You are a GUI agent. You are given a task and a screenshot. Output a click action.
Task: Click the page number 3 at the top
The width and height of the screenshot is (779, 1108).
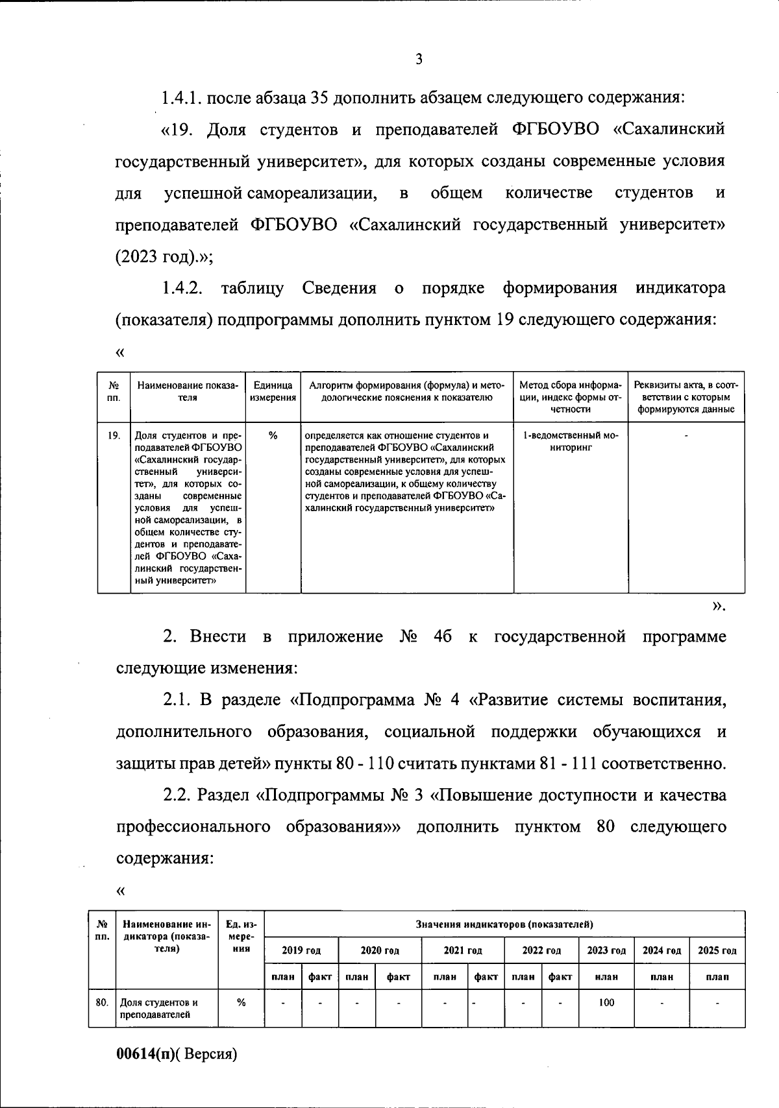tap(419, 60)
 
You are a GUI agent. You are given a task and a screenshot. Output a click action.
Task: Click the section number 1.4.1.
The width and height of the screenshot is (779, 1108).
tap(184, 99)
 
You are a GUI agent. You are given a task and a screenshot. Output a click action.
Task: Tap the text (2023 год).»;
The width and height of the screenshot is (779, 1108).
tap(164, 257)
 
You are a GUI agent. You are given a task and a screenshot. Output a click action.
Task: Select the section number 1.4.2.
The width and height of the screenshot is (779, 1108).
tap(184, 288)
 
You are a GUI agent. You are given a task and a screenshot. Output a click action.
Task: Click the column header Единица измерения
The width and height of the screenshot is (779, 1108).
tap(273, 392)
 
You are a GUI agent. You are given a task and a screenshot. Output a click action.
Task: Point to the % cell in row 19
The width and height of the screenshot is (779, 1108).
tap(273, 436)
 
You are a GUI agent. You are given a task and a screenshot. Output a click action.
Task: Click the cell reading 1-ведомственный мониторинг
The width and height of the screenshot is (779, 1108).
tap(571, 441)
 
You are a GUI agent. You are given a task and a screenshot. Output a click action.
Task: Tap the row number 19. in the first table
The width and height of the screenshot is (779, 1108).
tap(114, 436)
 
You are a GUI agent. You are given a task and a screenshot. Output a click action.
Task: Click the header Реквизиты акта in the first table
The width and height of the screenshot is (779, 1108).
tap(686, 397)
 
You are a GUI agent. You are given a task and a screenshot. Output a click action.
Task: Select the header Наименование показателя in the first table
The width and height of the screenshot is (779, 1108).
tap(188, 391)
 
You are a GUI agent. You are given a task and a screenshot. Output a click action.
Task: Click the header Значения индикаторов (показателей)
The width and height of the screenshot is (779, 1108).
tap(504, 924)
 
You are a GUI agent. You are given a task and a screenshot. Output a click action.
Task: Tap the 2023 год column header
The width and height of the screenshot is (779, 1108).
tap(606, 950)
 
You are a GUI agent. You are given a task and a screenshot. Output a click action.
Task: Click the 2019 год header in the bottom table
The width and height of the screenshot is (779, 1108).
tap(301, 950)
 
